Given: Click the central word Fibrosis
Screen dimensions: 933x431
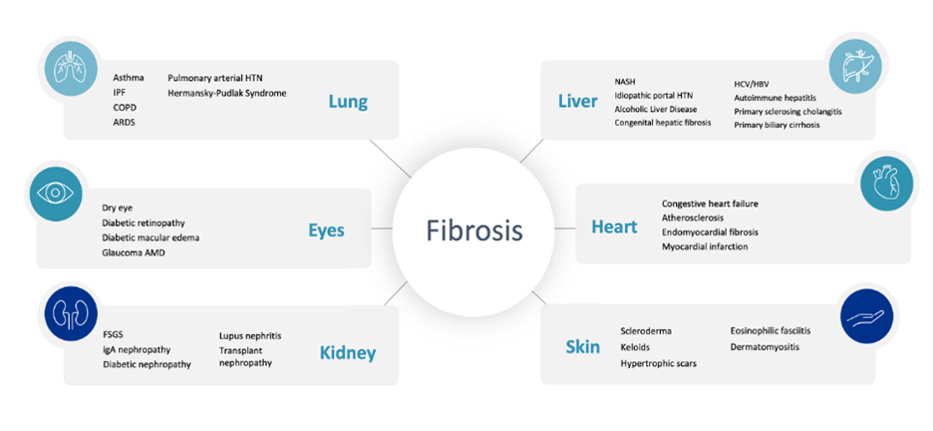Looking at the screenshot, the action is click(474, 230).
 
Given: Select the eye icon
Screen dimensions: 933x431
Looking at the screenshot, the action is click(54, 193).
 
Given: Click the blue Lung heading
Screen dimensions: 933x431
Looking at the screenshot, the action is click(348, 103).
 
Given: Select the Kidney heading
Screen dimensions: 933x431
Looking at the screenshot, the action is click(348, 353).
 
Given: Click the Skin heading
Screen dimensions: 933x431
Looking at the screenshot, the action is click(583, 346).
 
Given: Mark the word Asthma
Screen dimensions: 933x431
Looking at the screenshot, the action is click(129, 78).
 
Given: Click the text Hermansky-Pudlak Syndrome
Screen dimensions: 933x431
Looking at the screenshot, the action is click(226, 94).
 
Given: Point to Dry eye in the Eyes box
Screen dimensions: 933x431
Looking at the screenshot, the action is click(118, 209).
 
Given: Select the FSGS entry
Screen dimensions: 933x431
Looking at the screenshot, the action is click(113, 335).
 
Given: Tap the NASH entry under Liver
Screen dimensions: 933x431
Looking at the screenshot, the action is click(625, 81).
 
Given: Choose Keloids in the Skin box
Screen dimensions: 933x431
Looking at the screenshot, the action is click(636, 347).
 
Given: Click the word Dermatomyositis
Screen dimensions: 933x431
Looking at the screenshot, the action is click(766, 346).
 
